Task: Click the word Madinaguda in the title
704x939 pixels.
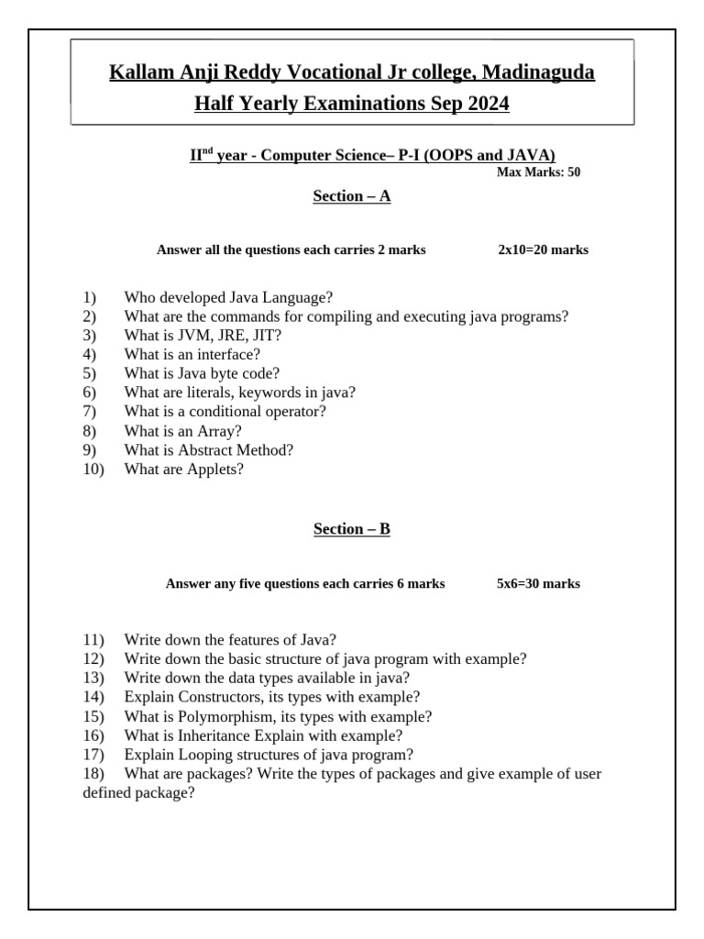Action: [x=538, y=72]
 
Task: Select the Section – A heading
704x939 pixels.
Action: [x=352, y=195]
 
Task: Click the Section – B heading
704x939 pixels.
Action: [x=352, y=528]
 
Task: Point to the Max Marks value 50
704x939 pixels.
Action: [x=573, y=171]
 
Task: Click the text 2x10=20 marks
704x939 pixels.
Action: [x=543, y=249]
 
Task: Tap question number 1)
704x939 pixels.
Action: [x=89, y=297]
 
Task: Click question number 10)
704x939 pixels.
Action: [x=93, y=469]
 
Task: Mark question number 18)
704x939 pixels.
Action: [x=93, y=774]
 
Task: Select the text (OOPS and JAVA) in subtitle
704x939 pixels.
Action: [x=496, y=155]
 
